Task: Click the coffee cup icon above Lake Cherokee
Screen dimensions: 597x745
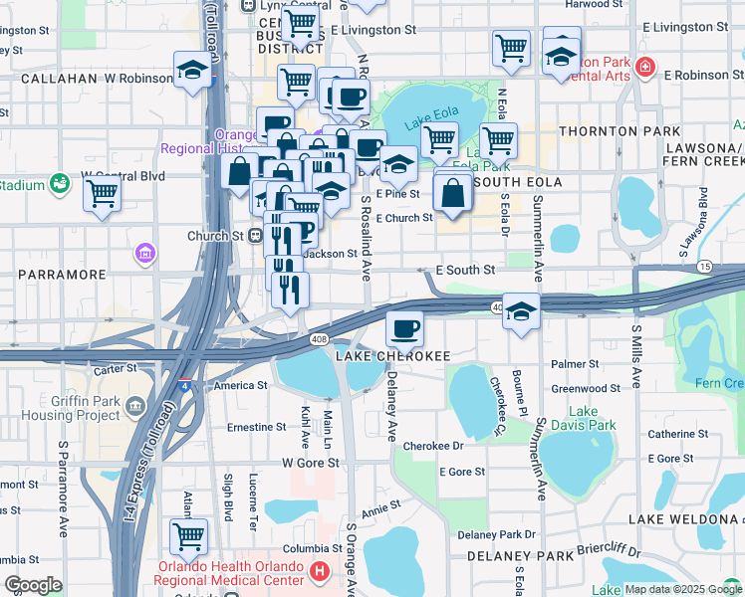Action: [x=403, y=327]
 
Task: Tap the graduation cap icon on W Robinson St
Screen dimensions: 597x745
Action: [x=192, y=71]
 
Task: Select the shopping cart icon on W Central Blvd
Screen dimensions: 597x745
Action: [x=102, y=195]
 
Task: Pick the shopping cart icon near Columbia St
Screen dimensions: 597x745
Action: [x=188, y=535]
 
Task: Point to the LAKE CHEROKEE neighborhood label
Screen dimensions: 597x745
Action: [x=393, y=356]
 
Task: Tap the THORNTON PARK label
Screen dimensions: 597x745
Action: [x=620, y=131]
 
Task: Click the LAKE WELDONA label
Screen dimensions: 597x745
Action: [x=683, y=519]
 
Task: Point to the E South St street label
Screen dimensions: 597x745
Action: [x=465, y=270]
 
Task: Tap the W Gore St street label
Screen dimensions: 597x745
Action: [x=311, y=463]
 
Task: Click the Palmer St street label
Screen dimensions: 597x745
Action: [x=581, y=365]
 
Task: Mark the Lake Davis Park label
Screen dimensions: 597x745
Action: [x=592, y=418]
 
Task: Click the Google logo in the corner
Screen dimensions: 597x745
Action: [x=33, y=585]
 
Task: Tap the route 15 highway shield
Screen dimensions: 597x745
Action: [x=704, y=266]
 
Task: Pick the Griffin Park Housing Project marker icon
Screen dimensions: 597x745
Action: [x=135, y=406]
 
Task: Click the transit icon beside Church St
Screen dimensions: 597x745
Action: [x=255, y=236]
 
